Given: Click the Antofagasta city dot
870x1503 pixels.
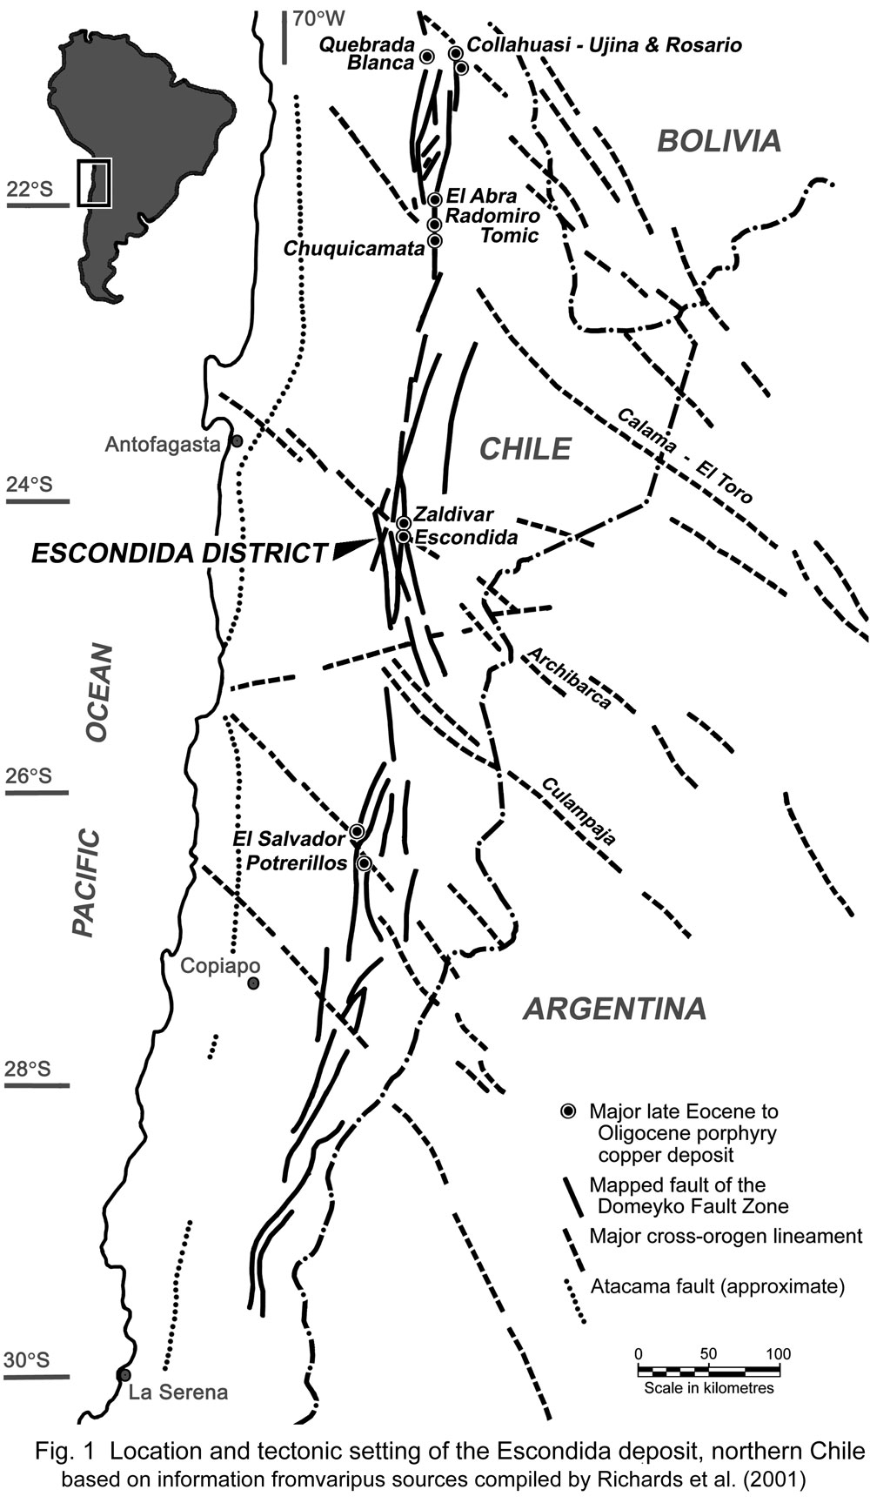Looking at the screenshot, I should (236, 442).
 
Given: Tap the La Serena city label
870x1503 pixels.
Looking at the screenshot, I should (178, 1392).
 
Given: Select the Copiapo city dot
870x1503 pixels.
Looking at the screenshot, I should (253, 983).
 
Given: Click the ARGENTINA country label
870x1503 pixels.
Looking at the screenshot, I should (614, 1009).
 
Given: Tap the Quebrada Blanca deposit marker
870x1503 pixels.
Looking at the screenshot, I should (427, 57).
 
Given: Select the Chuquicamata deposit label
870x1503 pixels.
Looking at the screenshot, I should (353, 249).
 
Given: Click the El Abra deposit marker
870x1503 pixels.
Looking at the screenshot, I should (435, 199).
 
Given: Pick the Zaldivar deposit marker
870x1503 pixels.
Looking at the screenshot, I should (404, 522).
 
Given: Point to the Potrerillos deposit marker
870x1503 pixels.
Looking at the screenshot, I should (365, 863).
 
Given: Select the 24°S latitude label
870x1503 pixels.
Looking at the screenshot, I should (30, 484).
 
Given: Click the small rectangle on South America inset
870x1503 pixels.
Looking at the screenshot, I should (94, 183).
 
